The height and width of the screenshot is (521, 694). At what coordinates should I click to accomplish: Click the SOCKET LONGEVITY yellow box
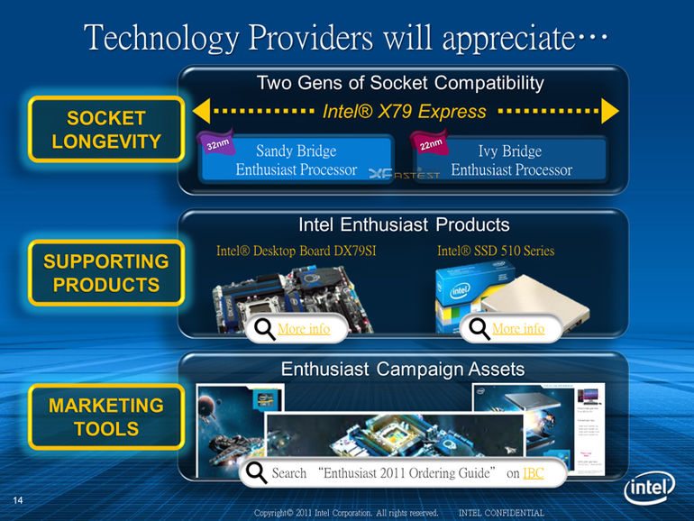106,130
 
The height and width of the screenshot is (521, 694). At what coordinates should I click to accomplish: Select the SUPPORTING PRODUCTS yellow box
106,273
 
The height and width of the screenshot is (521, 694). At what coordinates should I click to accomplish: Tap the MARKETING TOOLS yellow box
106,416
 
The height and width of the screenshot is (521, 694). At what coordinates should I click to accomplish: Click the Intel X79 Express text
404,113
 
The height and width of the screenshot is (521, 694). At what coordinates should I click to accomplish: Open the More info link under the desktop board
304,330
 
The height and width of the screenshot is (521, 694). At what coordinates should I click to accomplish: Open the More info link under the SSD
518,330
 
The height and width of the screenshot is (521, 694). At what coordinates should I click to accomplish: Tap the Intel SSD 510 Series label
496,251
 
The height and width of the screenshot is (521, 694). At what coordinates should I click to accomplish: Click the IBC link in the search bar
533,473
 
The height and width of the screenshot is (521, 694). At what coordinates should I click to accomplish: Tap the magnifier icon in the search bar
256,473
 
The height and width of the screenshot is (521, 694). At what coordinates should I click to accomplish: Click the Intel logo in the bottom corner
649,489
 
